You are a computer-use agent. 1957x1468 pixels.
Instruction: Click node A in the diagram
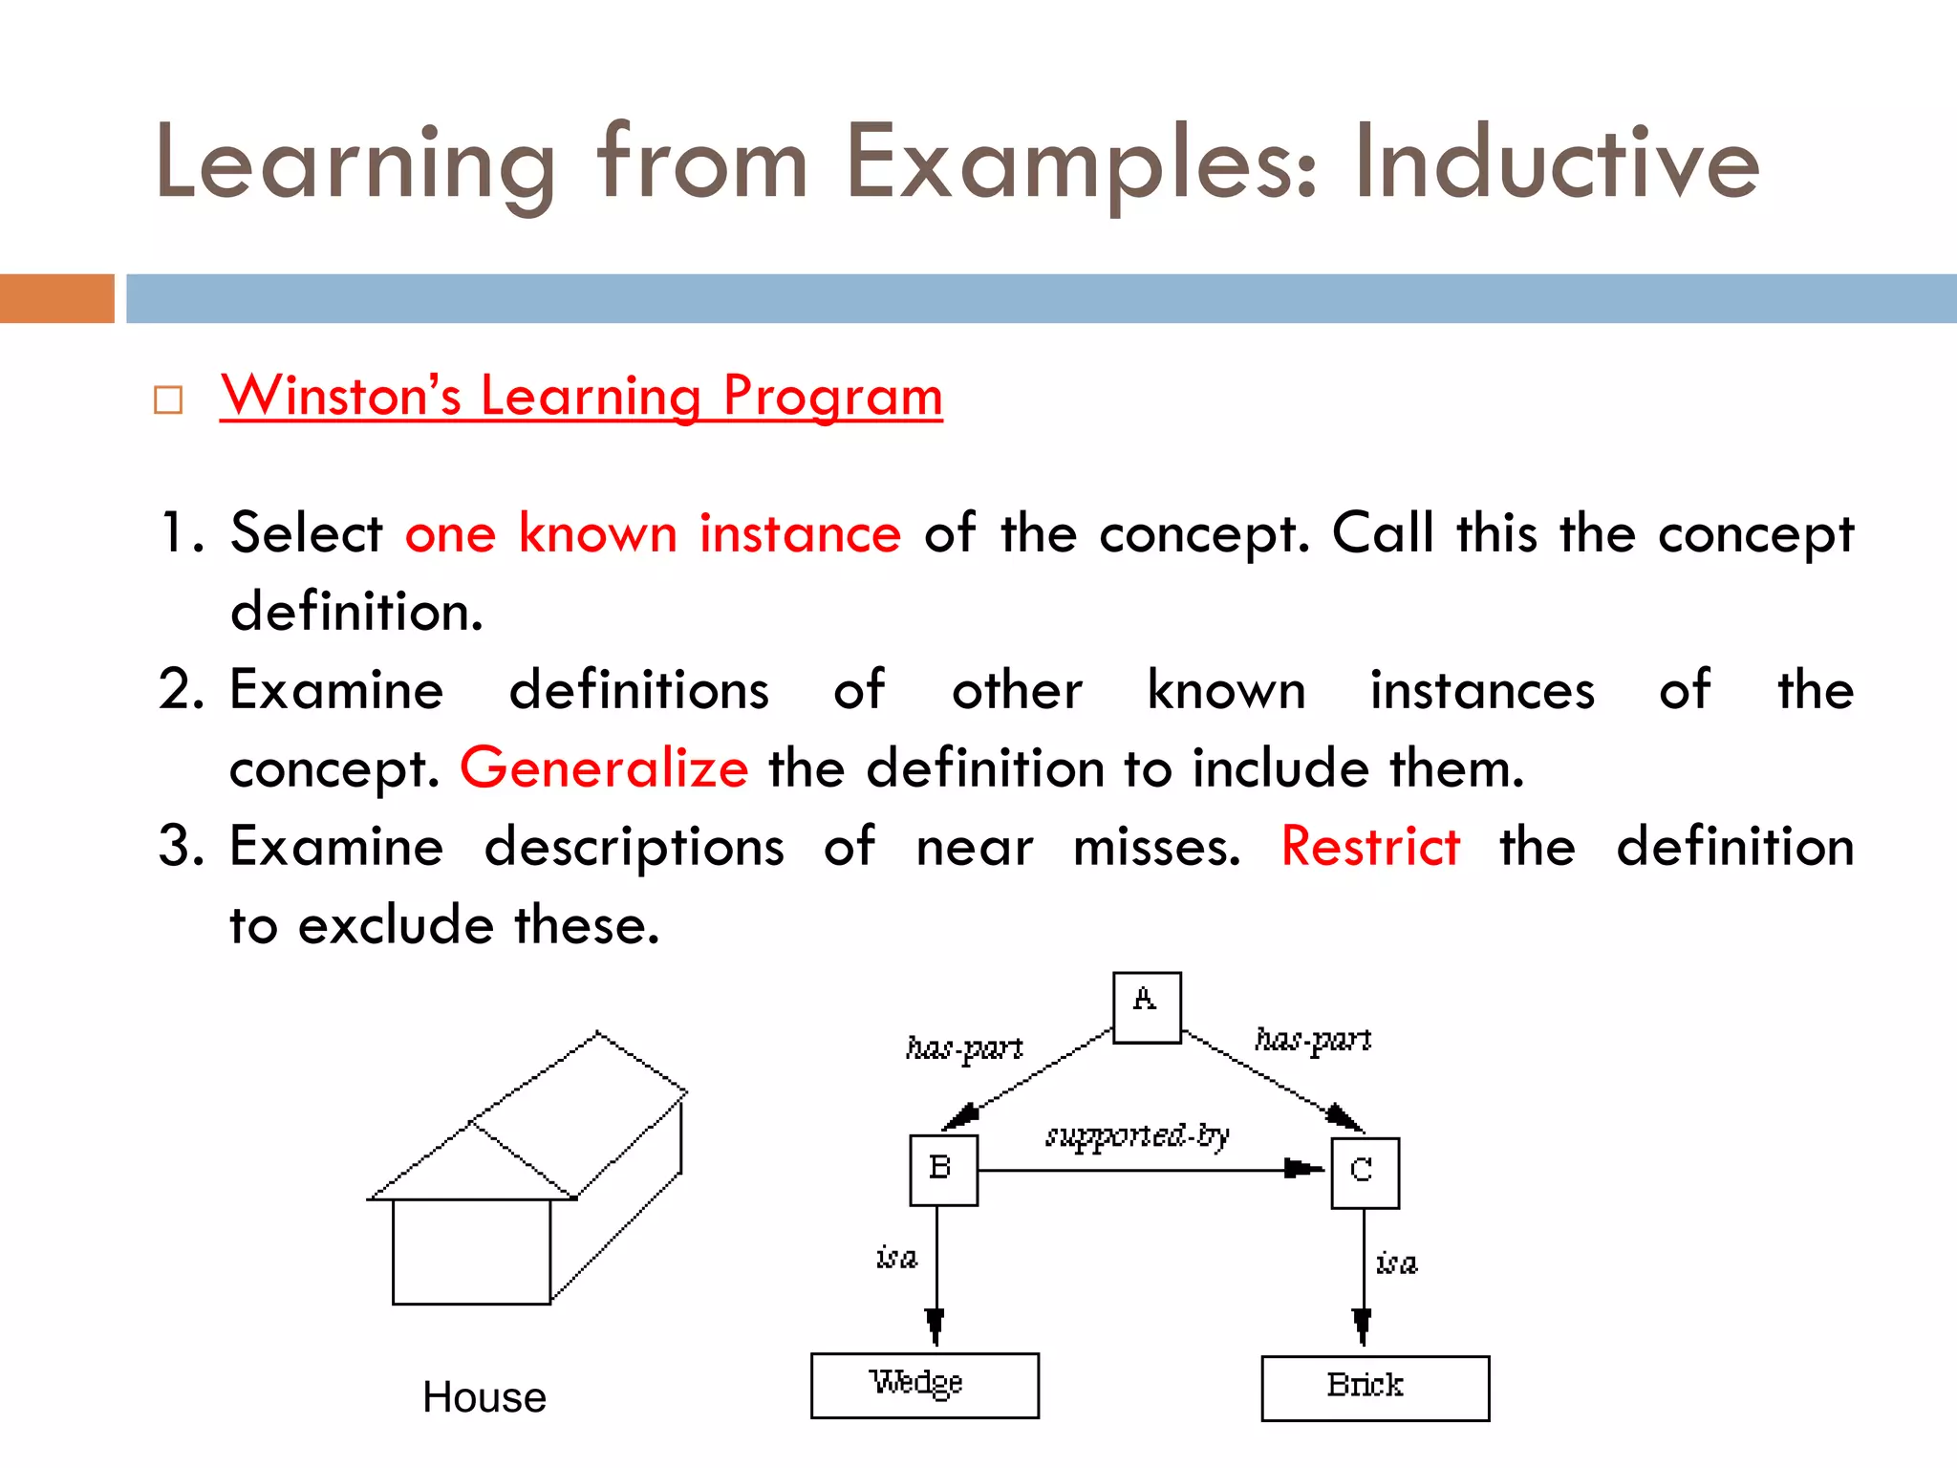tap(1147, 1007)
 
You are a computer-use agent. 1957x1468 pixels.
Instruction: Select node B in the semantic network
tap(943, 1170)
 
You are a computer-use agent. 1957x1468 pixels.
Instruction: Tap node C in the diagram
tap(1365, 1173)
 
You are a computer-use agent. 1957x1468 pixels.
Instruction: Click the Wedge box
tap(924, 1385)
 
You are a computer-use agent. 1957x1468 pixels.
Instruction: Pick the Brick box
tap(1374, 1388)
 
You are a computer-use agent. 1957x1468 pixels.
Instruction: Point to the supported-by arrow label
tap(1137, 1136)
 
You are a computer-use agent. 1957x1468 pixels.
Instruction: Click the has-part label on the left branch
tap(963, 1048)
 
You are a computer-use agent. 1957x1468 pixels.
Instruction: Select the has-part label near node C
tap(1313, 1040)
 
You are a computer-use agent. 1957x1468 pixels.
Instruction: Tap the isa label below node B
tap(896, 1257)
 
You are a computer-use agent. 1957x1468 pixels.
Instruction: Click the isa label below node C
tap(1396, 1263)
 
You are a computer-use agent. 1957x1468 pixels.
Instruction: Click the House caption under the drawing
tap(484, 1397)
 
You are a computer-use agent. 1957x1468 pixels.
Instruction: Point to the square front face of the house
tap(471, 1251)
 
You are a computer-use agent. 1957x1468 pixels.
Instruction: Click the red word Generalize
tap(604, 767)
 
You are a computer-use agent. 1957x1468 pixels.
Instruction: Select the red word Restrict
tap(1370, 847)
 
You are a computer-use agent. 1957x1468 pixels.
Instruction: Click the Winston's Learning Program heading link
tap(581, 396)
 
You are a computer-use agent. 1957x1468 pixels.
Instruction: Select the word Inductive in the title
tap(1556, 162)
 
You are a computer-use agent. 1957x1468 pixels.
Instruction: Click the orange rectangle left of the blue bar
tap(56, 298)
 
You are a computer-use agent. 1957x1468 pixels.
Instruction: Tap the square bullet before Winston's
tap(168, 399)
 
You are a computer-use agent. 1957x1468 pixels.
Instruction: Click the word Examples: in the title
tap(1081, 162)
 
